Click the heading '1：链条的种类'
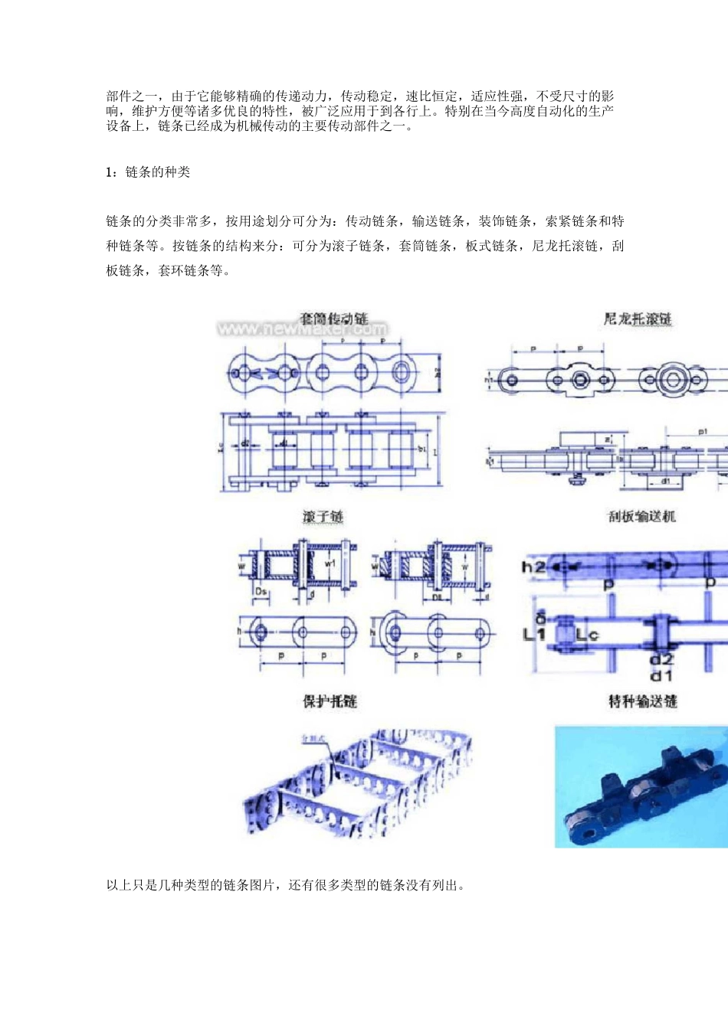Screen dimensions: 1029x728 148,172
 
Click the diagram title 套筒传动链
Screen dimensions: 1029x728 333,318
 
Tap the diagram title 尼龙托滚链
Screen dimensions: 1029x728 638,318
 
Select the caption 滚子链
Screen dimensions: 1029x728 323,517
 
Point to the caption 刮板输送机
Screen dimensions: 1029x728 642,517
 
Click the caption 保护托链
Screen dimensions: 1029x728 330,701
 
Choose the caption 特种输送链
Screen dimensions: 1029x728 642,701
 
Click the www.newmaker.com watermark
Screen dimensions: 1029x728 302,330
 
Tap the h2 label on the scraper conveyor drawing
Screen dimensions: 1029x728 533,567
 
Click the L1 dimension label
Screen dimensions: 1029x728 534,634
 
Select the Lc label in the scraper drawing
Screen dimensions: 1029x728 586,635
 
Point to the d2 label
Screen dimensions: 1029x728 661,660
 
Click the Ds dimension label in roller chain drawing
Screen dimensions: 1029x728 261,592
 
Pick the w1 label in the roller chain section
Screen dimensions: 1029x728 330,563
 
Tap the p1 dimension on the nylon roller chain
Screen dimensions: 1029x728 703,432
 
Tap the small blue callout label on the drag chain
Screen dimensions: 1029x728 313,738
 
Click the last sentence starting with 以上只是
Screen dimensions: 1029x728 286,886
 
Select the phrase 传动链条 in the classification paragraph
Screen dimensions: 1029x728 372,222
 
